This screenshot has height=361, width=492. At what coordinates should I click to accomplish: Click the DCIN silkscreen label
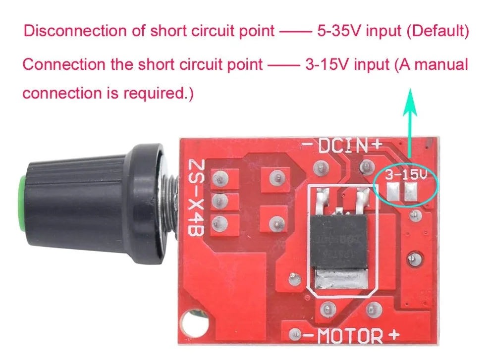[x=342, y=146]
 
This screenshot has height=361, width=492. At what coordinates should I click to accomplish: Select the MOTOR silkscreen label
[x=349, y=337]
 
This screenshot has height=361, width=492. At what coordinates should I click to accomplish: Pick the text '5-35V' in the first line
[x=337, y=31]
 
